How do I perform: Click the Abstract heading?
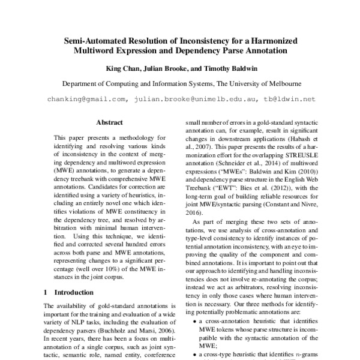(x=110, y=122)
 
